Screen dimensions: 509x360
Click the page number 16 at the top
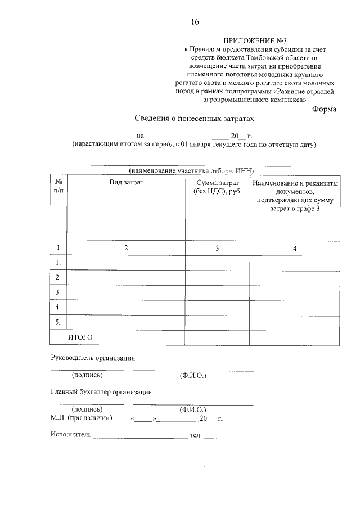(x=195, y=22)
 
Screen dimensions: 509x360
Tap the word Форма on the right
(x=324, y=109)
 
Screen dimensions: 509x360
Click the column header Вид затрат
(x=126, y=183)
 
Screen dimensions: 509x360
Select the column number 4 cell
(x=295, y=248)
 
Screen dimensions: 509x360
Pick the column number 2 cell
(x=126, y=248)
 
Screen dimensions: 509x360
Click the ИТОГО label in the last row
(x=80, y=337)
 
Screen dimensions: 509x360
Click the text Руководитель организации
(x=93, y=358)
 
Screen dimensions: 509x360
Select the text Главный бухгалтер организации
(x=101, y=392)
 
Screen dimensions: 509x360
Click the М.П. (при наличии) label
(x=82, y=418)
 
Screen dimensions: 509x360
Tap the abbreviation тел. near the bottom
(x=195, y=435)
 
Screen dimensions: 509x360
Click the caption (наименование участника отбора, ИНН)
(x=191, y=170)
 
